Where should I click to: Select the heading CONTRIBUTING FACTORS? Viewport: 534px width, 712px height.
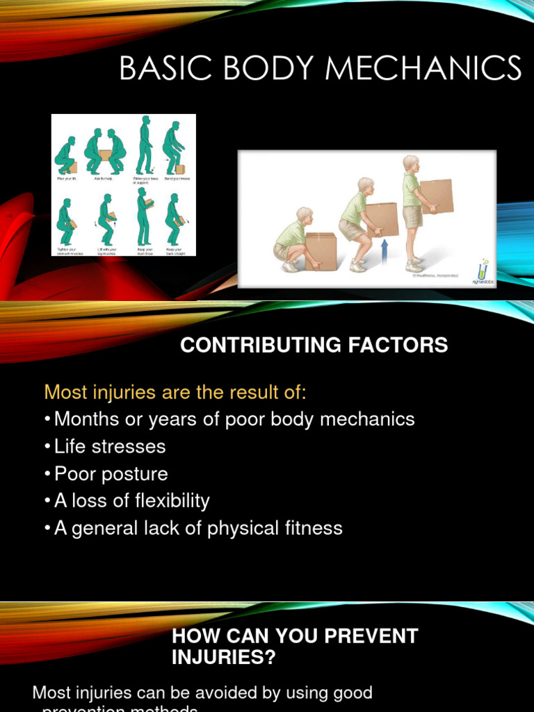pos(314,345)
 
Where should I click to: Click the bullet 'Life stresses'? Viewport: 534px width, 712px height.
pos(110,446)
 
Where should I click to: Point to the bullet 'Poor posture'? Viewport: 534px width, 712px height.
pos(111,474)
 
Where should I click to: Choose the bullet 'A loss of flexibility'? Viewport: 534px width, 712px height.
pos(131,501)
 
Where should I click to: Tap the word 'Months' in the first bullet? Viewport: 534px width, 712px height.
pos(83,419)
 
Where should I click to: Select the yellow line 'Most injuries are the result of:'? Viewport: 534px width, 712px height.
pos(175,392)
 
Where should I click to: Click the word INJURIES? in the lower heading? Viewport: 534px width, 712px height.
pos(224,657)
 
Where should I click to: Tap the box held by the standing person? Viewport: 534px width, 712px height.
pos(437,196)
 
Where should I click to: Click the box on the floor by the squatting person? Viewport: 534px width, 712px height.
pos(321,251)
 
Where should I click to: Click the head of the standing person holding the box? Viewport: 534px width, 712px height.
pos(411,164)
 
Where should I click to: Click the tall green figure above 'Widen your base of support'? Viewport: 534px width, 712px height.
pos(145,145)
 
